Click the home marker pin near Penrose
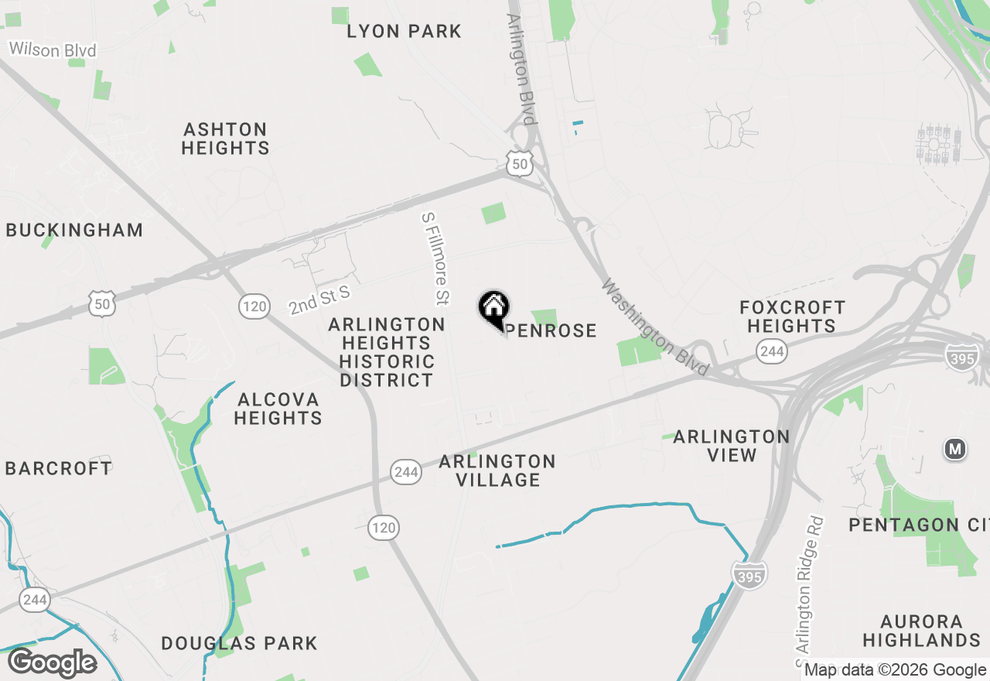[x=493, y=308]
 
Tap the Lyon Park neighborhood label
[x=404, y=32]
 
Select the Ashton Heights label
[x=225, y=139]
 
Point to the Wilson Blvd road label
[x=53, y=50]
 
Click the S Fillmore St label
[x=435, y=258]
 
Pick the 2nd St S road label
[x=319, y=299]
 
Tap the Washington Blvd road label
[x=654, y=328]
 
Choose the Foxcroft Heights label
[x=792, y=317]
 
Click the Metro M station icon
[x=955, y=448]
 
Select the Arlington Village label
[x=497, y=471]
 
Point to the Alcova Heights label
[x=278, y=409]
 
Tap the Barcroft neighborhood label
[x=59, y=468]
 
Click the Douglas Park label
[x=239, y=643]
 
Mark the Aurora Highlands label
[x=921, y=631]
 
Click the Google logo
[x=52, y=663]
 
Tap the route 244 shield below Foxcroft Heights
[x=772, y=352]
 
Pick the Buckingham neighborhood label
[x=74, y=230]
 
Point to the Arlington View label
[x=731, y=446]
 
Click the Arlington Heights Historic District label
[x=387, y=352]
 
